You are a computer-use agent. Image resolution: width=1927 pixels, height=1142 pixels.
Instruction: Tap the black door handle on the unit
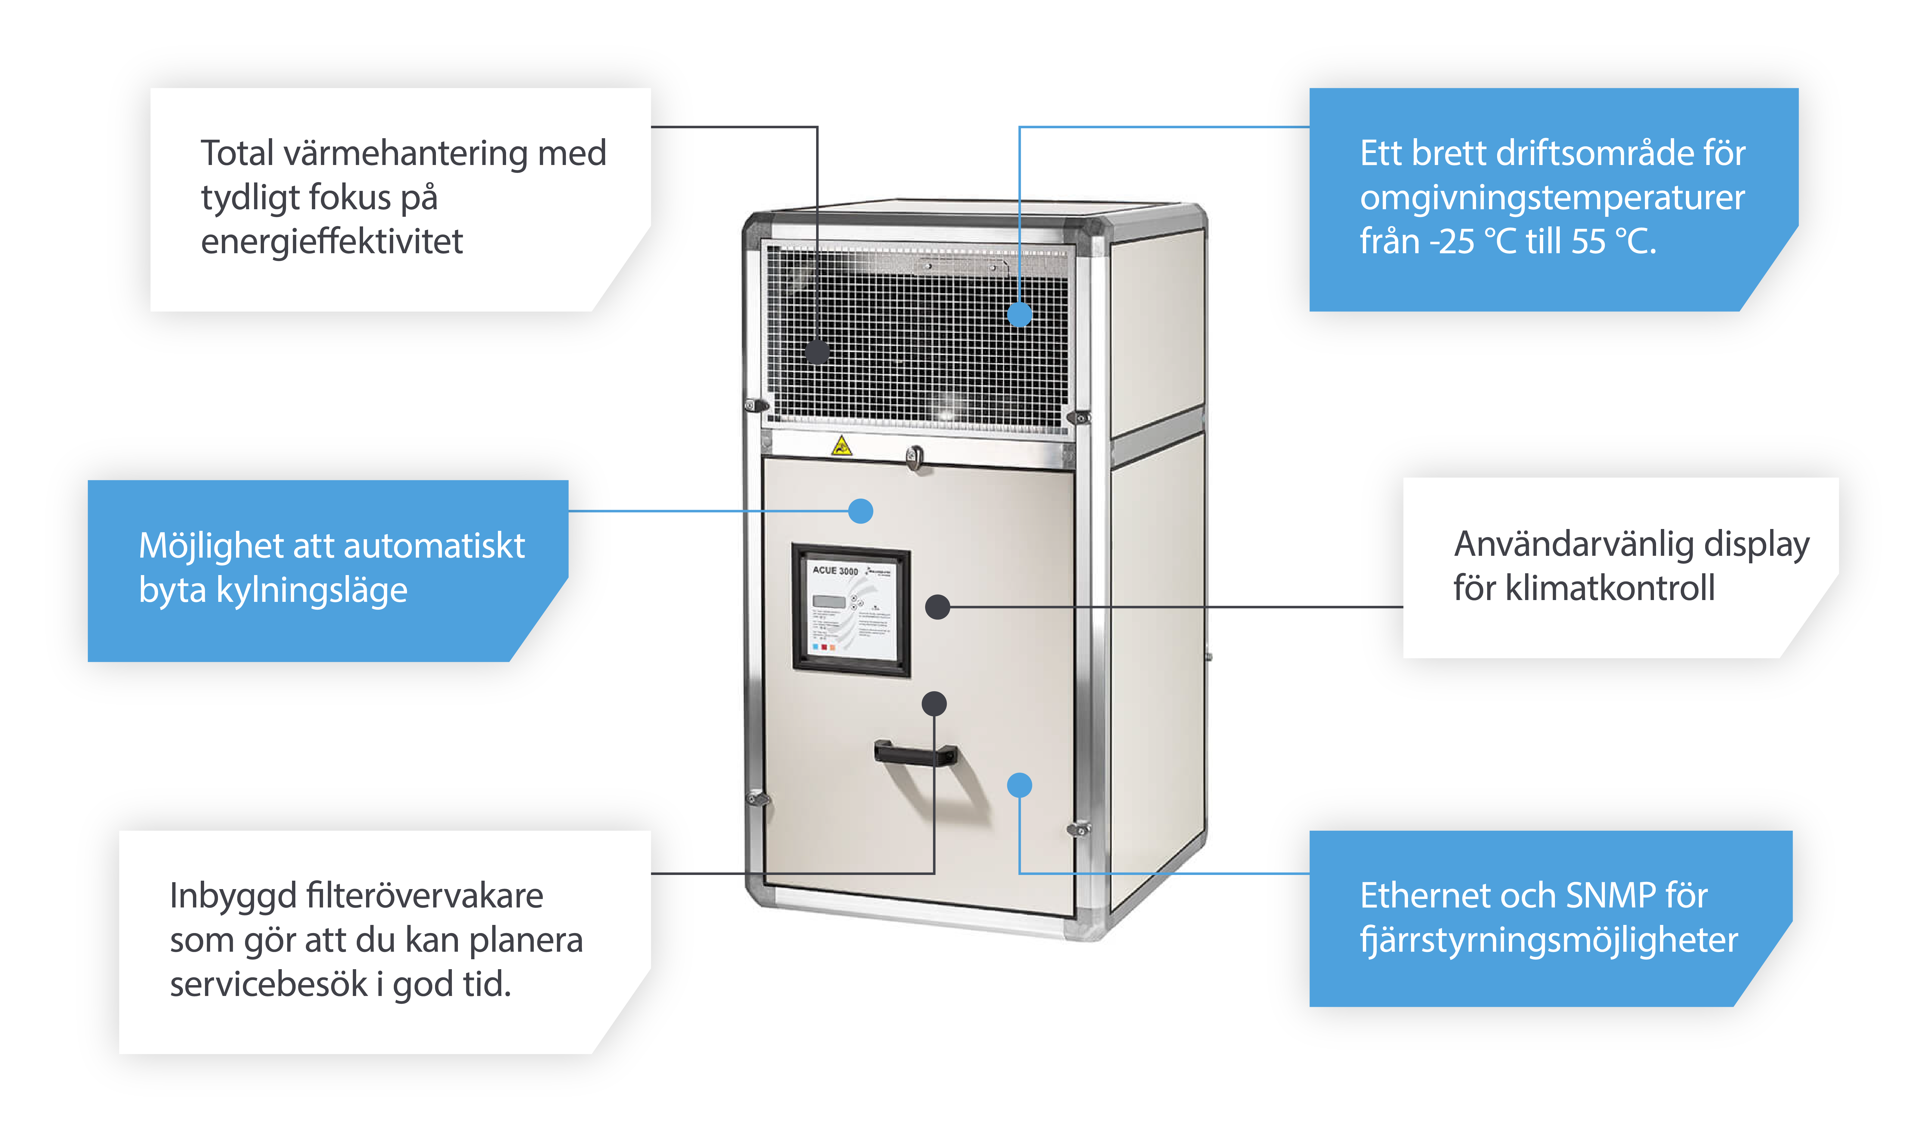tap(915, 753)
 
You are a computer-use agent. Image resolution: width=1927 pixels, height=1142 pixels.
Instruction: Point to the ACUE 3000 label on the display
tap(835, 570)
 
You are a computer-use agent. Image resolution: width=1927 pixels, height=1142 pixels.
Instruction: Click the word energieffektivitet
tap(331, 242)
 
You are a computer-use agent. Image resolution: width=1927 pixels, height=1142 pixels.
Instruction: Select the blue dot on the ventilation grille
tap(1019, 314)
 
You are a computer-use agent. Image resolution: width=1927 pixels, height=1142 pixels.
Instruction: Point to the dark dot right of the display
tap(937, 607)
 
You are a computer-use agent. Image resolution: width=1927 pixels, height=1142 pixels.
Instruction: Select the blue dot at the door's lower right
tap(1019, 785)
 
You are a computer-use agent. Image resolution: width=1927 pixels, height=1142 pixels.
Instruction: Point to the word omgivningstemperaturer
tap(1552, 198)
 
